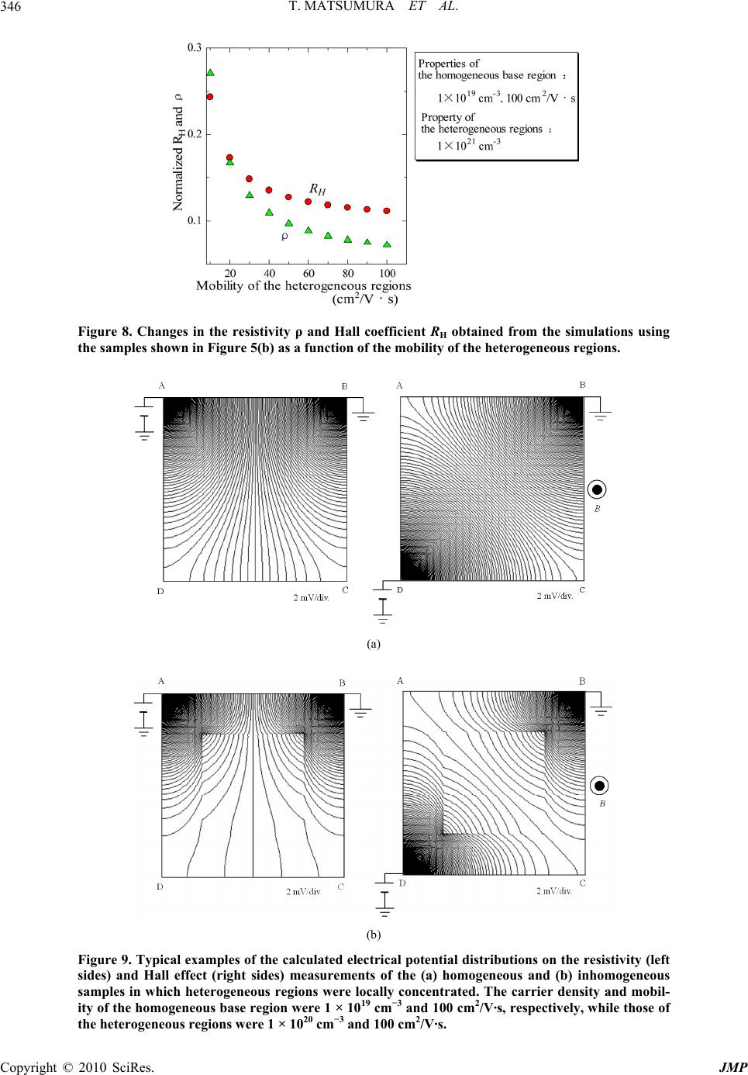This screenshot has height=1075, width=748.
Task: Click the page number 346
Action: click(12, 9)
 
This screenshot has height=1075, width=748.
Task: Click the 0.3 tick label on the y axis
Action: click(195, 48)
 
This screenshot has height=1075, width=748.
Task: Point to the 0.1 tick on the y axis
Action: click(195, 221)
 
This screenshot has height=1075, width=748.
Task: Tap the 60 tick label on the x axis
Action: click(309, 273)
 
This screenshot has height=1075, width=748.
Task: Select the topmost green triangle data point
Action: click(210, 73)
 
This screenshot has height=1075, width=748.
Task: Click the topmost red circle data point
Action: click(209, 97)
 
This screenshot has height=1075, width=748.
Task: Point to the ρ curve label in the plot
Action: click(284, 236)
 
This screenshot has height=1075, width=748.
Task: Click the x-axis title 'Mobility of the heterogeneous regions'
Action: click(303, 285)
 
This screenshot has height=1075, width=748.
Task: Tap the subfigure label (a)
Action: click(374, 643)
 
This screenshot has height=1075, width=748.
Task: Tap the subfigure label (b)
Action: click(374, 935)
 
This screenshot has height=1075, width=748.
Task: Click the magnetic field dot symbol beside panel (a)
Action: click(597, 489)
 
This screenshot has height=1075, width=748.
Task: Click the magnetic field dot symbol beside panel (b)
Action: click(599, 785)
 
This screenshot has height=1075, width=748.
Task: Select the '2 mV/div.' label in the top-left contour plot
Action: click(311, 597)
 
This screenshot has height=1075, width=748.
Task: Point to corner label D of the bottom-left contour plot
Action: click(160, 886)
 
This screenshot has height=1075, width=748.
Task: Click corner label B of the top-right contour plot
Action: click(582, 384)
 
